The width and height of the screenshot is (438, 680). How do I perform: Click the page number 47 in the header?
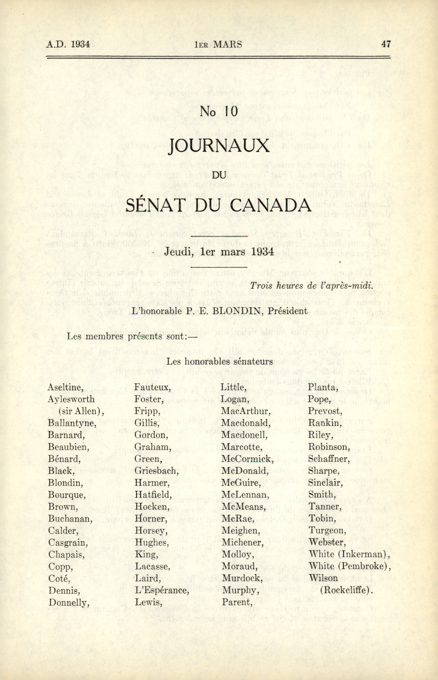coord(386,44)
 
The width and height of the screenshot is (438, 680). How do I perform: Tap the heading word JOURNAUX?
coord(219,146)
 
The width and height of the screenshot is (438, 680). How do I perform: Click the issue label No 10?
coord(219,111)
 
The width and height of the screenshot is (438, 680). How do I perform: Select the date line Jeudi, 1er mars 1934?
coord(219,252)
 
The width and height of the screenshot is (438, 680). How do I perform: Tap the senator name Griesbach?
coord(156,471)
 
